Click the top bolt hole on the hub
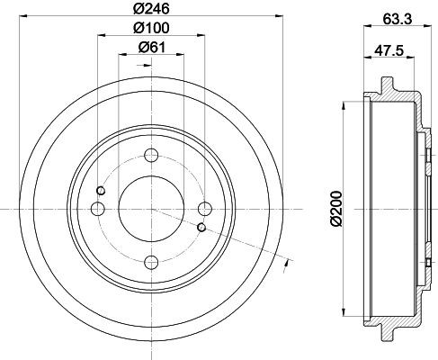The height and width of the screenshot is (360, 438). [151, 155]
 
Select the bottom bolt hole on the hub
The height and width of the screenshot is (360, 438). [151, 262]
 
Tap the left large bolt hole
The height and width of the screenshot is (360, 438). [98, 209]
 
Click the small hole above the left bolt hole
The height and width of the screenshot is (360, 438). [101, 190]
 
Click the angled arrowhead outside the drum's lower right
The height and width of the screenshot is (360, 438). [286, 262]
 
